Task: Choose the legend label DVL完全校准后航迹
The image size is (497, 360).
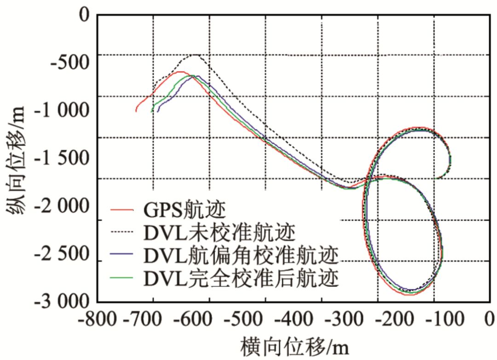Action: pyautogui.click(x=241, y=277)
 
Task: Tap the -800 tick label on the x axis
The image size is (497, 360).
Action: pyautogui.click(x=98, y=319)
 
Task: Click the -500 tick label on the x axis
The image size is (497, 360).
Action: pyautogui.click(x=266, y=319)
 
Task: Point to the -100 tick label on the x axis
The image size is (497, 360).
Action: pyautogui.click(x=433, y=319)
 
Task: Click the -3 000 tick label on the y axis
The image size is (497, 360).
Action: pyautogui.click(x=62, y=302)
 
